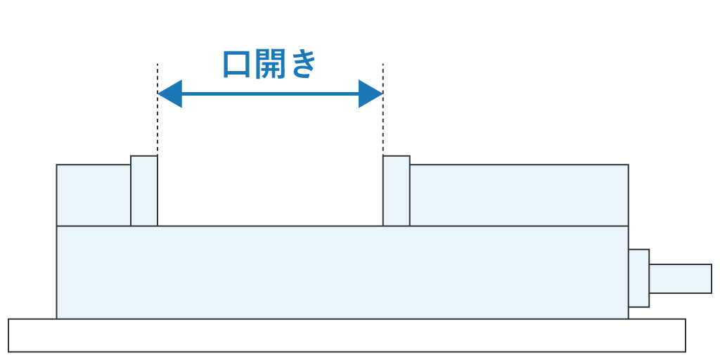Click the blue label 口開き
click(x=270, y=65)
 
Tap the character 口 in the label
click(x=236, y=65)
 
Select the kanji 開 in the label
click(x=270, y=65)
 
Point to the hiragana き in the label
click(x=304, y=65)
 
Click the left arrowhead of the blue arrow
click(x=169, y=94)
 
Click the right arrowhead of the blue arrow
click(x=371, y=94)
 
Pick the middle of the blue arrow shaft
click(x=270, y=94)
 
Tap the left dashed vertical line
click(x=157, y=127)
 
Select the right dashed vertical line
click(x=383, y=127)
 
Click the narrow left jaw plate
click(x=144, y=191)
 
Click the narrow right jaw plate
click(x=397, y=191)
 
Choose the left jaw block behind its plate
click(x=94, y=195)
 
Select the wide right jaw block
click(x=519, y=195)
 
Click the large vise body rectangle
click(x=342, y=272)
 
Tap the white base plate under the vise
click(x=347, y=335)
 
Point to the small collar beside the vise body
click(x=638, y=278)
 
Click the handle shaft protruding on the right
click(x=680, y=278)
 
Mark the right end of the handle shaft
click(x=710, y=278)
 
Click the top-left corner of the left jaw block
click(x=57, y=165)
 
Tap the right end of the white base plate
click(x=684, y=335)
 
